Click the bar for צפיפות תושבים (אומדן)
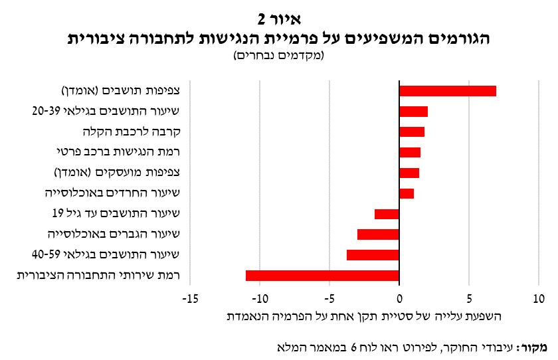point(448,91)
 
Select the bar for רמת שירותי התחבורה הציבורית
point(322,276)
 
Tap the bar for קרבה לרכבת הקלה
point(412,132)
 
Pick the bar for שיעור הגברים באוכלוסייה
point(378,234)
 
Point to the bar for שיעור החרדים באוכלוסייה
point(407,193)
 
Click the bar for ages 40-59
point(373,255)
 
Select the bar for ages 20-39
point(413,112)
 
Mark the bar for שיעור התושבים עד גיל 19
point(387,214)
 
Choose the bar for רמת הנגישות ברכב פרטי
point(410,153)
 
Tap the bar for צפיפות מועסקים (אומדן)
point(409,173)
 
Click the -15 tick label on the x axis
point(190,299)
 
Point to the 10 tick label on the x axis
point(539,299)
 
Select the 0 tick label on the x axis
point(399,299)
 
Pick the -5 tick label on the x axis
point(329,299)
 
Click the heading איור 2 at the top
point(280,19)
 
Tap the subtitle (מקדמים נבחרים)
point(279,56)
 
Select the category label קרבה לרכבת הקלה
point(132,132)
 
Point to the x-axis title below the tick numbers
point(364,316)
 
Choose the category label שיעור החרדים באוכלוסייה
point(112,193)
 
